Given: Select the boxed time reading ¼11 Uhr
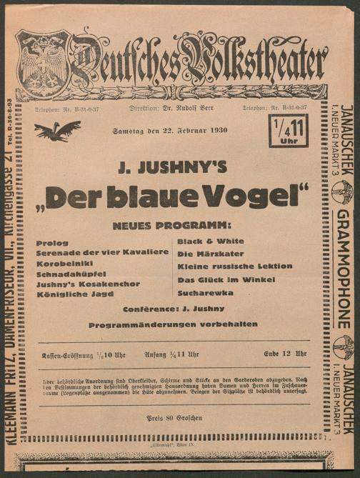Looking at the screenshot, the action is pyautogui.click(x=288, y=130).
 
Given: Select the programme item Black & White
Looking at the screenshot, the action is pyautogui.click(x=210, y=242).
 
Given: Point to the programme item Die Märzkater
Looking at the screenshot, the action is pyautogui.click(x=210, y=254).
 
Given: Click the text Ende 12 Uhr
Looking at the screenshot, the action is pyautogui.click(x=284, y=354).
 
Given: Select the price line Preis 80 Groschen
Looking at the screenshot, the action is pyautogui.click(x=174, y=417).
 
